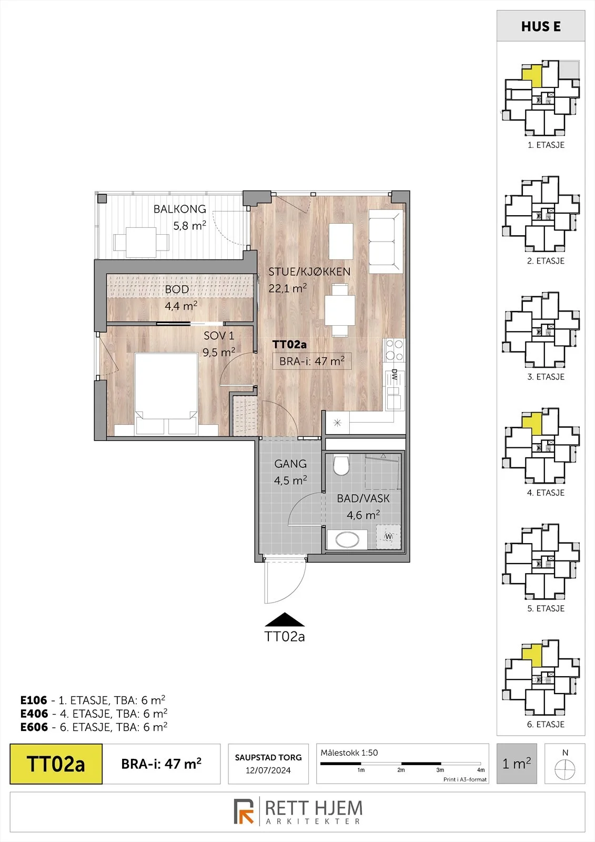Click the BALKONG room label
pyautogui.click(x=180, y=209)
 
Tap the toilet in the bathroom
pyautogui.click(x=341, y=465)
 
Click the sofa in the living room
pyautogui.click(x=386, y=242)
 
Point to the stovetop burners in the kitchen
pyautogui.click(x=394, y=350)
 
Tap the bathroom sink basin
pyautogui.click(x=347, y=540)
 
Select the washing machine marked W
pyautogui.click(x=389, y=536)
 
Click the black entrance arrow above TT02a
pyautogui.click(x=285, y=619)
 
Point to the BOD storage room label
pyautogui.click(x=177, y=289)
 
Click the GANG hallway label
pyautogui.click(x=290, y=464)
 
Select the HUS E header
pyautogui.click(x=541, y=27)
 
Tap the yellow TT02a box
pyautogui.click(x=56, y=764)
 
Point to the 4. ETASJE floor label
pyautogui.click(x=546, y=493)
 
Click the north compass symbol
pyautogui.click(x=565, y=769)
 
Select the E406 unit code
pyautogui.click(x=34, y=714)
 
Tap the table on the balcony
pyautogui.click(x=141, y=243)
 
